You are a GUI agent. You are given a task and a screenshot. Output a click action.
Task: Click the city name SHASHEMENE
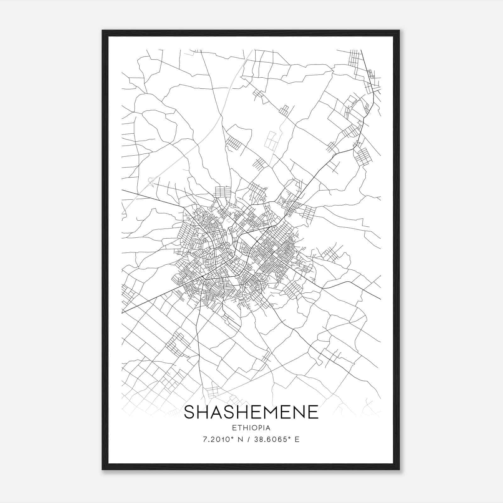[x=251, y=412]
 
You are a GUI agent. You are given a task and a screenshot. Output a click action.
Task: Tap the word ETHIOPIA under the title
[x=251, y=428]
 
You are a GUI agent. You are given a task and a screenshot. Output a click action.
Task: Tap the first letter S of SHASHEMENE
[x=190, y=412]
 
